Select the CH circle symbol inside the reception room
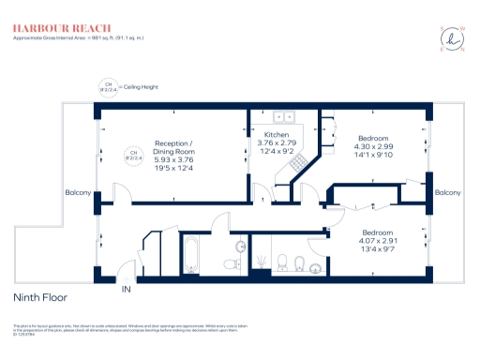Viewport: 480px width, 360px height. [133, 155]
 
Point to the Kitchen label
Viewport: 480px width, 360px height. [276, 135]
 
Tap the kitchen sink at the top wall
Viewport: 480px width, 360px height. [283, 118]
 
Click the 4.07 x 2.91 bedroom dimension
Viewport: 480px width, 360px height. [379, 241]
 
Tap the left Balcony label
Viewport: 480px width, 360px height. [77, 193]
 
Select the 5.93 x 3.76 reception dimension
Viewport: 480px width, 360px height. [173, 160]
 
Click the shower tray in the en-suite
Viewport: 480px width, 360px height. [265, 255]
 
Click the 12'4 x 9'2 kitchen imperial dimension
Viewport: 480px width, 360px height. [276, 152]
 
